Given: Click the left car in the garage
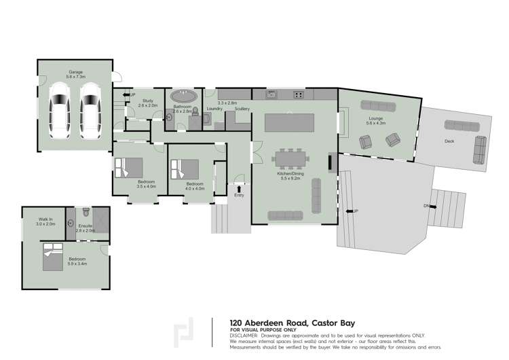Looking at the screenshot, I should [58, 110].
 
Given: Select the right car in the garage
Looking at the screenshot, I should [90, 110].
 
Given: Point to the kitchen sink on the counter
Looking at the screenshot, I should [271, 94].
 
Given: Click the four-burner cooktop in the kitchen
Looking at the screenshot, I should [299, 94].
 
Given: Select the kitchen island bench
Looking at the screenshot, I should [291, 122].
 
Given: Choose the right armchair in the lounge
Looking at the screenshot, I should [392, 140].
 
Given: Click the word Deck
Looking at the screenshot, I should [449, 142].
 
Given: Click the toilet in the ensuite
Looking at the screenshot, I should [86, 213].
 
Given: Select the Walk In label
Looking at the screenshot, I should [46, 219].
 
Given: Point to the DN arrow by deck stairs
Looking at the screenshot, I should [429, 206].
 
